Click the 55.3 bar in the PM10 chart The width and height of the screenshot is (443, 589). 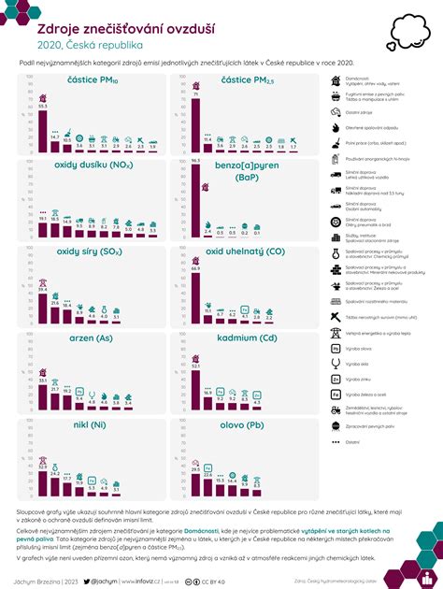point(42,130)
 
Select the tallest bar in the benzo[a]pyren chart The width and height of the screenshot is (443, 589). point(196,199)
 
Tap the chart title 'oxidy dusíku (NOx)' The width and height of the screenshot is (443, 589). point(93,166)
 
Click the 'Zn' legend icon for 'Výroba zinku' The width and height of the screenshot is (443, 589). point(336,380)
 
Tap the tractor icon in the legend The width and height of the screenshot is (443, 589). point(336,410)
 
